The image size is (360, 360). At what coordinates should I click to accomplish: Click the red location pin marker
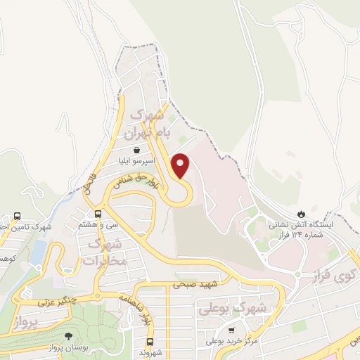click(x=181, y=165)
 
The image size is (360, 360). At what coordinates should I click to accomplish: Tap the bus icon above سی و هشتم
click(x=99, y=214)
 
